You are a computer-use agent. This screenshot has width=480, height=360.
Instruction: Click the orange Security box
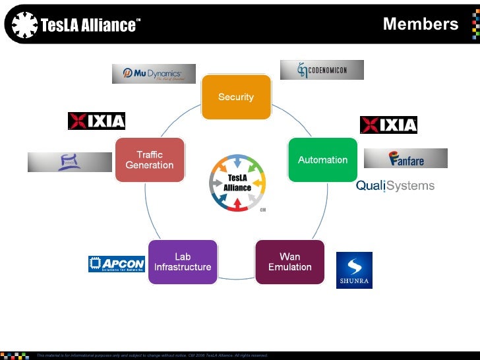coord(236,97)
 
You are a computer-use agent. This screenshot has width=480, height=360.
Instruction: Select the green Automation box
coord(322,160)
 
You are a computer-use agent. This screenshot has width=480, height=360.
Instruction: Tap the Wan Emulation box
coord(289,262)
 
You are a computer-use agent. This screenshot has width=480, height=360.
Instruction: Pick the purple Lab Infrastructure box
coord(183,262)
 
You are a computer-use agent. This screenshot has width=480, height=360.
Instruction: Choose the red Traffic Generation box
coord(149,160)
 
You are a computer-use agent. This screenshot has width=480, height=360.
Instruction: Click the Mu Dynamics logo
coord(154,73)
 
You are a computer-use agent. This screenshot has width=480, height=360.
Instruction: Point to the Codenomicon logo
coord(322,70)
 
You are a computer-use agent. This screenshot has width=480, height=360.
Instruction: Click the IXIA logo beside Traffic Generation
coord(96,121)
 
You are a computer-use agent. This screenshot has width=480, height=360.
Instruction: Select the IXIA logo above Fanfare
coord(388,125)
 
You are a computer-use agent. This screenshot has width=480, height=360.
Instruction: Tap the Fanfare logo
coord(406,158)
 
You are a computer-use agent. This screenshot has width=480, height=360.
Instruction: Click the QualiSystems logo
coord(395,185)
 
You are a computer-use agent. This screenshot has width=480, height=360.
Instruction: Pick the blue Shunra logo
coord(354,270)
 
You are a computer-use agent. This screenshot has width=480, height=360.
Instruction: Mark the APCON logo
coord(116,264)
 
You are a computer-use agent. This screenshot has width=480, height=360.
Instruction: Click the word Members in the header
coord(420,24)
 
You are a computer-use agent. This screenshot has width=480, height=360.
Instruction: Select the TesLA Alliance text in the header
coord(90,26)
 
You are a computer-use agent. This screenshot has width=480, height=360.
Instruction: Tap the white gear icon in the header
coord(24,26)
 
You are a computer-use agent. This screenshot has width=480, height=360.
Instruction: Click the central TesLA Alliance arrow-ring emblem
coord(237,182)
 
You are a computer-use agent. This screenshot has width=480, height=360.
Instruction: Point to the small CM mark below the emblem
coord(262,210)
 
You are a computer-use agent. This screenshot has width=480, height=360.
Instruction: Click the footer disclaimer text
coord(152,355)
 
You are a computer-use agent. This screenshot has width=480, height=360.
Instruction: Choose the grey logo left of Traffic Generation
coord(69,162)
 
